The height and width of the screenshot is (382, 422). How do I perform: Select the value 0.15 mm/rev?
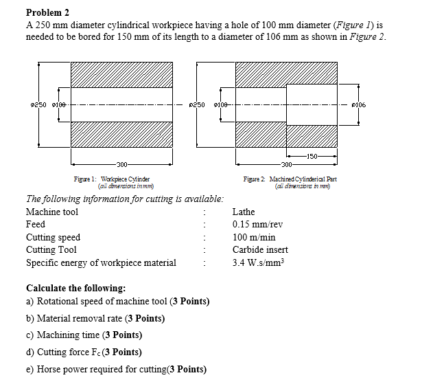click(257, 225)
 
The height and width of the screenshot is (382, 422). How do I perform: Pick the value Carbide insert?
click(260, 249)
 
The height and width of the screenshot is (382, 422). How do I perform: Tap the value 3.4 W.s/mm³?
click(258, 262)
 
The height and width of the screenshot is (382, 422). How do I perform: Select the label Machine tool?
click(52, 212)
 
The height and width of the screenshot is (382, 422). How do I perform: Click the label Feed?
click(36, 225)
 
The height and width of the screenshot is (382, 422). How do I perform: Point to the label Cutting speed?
click(53, 237)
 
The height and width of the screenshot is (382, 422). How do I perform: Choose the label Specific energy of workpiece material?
click(101, 262)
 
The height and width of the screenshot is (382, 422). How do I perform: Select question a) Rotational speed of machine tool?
click(117, 302)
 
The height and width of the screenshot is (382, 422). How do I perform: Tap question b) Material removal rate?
click(95, 319)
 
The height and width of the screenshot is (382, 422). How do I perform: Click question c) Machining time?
click(84, 335)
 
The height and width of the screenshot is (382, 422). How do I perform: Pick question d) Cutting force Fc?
click(84, 352)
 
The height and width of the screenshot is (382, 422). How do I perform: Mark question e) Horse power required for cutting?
click(116, 369)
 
